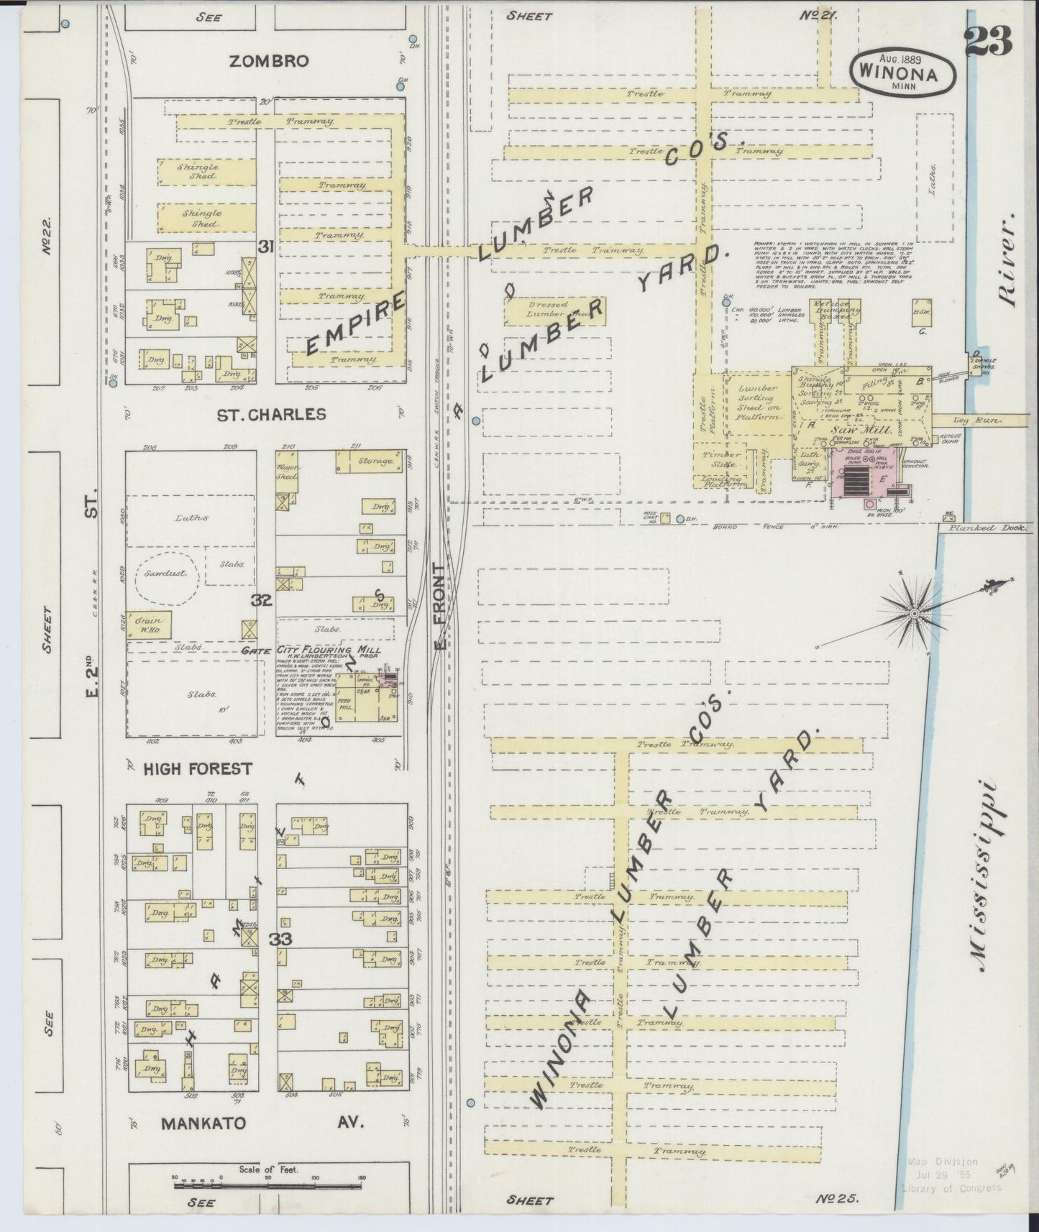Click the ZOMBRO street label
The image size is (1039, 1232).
click(x=269, y=62)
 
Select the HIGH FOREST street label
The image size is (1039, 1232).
click(x=198, y=769)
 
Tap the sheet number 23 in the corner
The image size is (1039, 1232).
click(x=989, y=40)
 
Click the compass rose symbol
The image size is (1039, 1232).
click(x=914, y=613)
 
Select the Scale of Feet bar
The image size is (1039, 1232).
click(x=270, y=1181)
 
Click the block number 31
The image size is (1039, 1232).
click(x=266, y=247)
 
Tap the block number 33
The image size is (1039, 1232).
click(x=280, y=939)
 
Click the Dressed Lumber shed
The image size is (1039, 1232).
click(x=554, y=310)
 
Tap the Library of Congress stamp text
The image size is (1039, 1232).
click(x=951, y=1187)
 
